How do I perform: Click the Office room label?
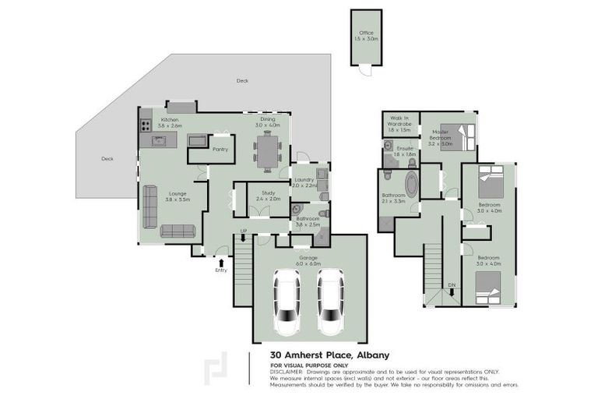pyautogui.click(x=366, y=35)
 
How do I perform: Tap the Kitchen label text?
pyautogui.click(x=170, y=122)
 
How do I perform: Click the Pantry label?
pyautogui.click(x=220, y=148)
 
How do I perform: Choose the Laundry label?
pyautogui.click(x=304, y=182)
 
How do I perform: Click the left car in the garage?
pyautogui.click(x=287, y=300)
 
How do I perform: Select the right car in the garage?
pyautogui.click(x=331, y=300)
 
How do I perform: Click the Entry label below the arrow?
pyautogui.click(x=221, y=270)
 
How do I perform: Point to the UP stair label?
pyautogui.click(x=244, y=231)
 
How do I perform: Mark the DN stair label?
pyautogui.click(x=452, y=285)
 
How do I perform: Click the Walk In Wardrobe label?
pyautogui.click(x=399, y=122)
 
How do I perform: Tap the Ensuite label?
pyautogui.click(x=405, y=150)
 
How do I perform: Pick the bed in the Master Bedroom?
pyautogui.click(x=452, y=136)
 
